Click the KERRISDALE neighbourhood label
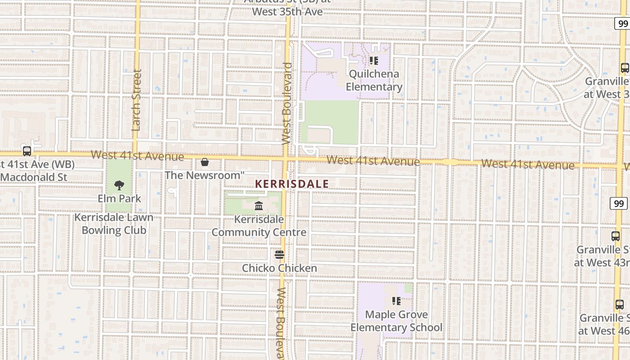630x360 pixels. tap(292, 184)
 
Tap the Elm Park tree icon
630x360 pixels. tap(119, 185)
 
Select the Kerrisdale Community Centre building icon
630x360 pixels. tap(259, 206)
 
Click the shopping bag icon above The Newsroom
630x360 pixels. tap(205, 162)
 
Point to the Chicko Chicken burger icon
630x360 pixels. tap(279, 255)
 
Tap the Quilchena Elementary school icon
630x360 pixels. tap(373, 60)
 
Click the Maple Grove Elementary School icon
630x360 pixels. tap(396, 301)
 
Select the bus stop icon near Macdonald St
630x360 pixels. tap(27, 151)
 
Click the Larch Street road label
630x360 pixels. tap(137, 100)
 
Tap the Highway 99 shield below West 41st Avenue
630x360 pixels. tap(620, 203)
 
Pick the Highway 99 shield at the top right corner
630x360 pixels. tap(623, 23)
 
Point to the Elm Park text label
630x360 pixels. tap(119, 198)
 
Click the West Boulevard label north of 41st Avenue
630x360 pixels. tap(287, 103)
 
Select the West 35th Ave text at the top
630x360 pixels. tap(287, 11)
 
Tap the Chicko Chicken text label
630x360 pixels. tap(279, 268)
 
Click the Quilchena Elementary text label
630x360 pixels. tap(374, 80)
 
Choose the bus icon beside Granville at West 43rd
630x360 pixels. tap(616, 236)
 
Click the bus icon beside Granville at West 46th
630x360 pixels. tap(620, 305)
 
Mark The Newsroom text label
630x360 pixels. tap(204, 175)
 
